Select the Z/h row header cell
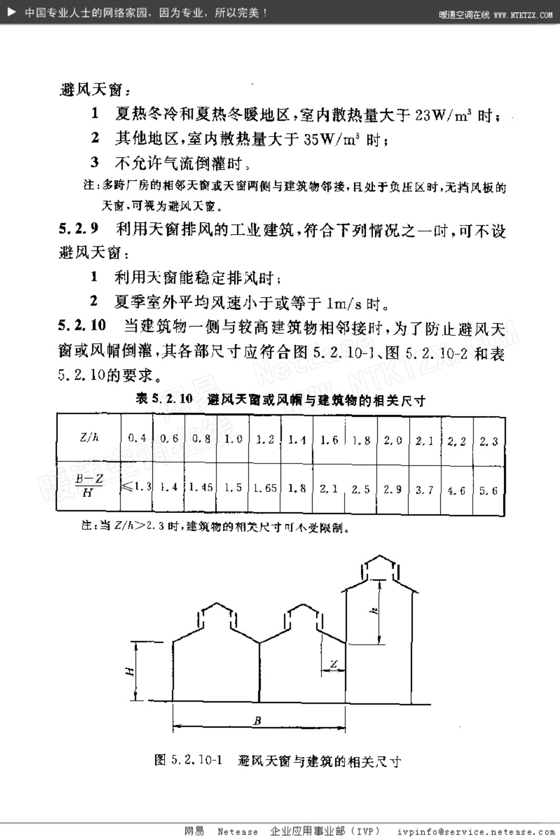(x=88, y=437)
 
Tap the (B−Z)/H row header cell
(x=88, y=486)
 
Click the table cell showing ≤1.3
(x=137, y=487)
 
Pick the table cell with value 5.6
(x=489, y=490)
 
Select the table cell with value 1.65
(x=265, y=488)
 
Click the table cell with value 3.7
(x=424, y=490)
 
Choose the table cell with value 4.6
(x=457, y=490)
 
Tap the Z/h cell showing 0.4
(x=137, y=438)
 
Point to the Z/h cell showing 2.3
(x=489, y=441)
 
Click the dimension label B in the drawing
(x=257, y=721)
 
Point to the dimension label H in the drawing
(x=130, y=671)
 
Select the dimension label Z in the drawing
(x=334, y=664)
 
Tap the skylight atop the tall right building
(x=380, y=567)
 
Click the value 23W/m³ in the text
(x=442, y=115)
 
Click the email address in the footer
(x=476, y=832)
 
